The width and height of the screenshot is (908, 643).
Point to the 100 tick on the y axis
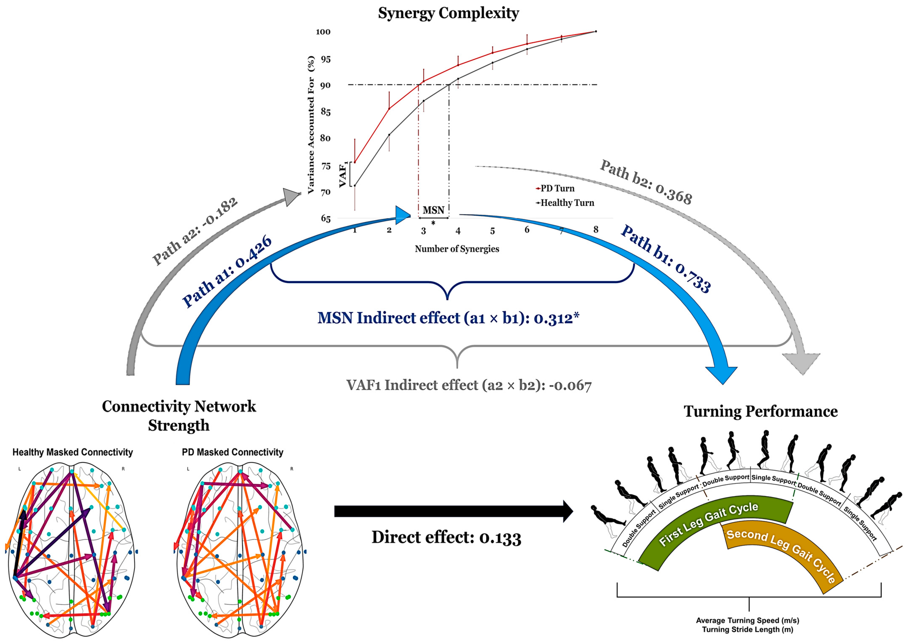tap(323, 32)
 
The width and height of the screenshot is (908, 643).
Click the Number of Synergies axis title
tap(457, 249)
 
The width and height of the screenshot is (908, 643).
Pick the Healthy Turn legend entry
tap(565, 203)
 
